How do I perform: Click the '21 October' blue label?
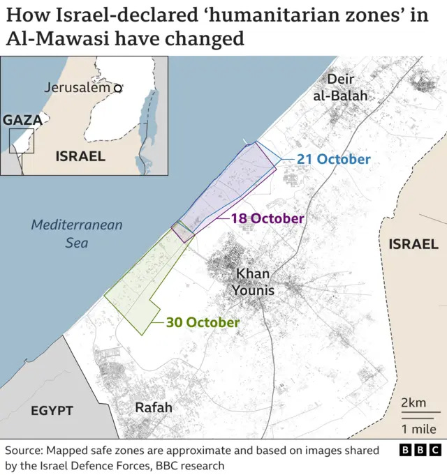coord(333,159)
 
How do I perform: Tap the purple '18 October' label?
coord(268,218)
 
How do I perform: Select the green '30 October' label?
coord(203,323)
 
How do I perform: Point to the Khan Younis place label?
coord(254,282)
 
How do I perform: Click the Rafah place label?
coord(153,407)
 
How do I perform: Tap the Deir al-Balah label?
coord(340,88)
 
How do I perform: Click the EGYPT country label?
coord(51,411)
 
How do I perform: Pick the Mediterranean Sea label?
coord(77,234)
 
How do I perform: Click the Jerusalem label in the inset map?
coord(78,88)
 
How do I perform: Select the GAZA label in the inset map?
coord(23,120)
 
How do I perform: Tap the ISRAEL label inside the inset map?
coord(80,156)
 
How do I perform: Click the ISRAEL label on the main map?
coord(413,244)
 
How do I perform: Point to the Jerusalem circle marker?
coord(118,88)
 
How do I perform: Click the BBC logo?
coord(420,451)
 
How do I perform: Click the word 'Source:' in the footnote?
coord(27,451)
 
